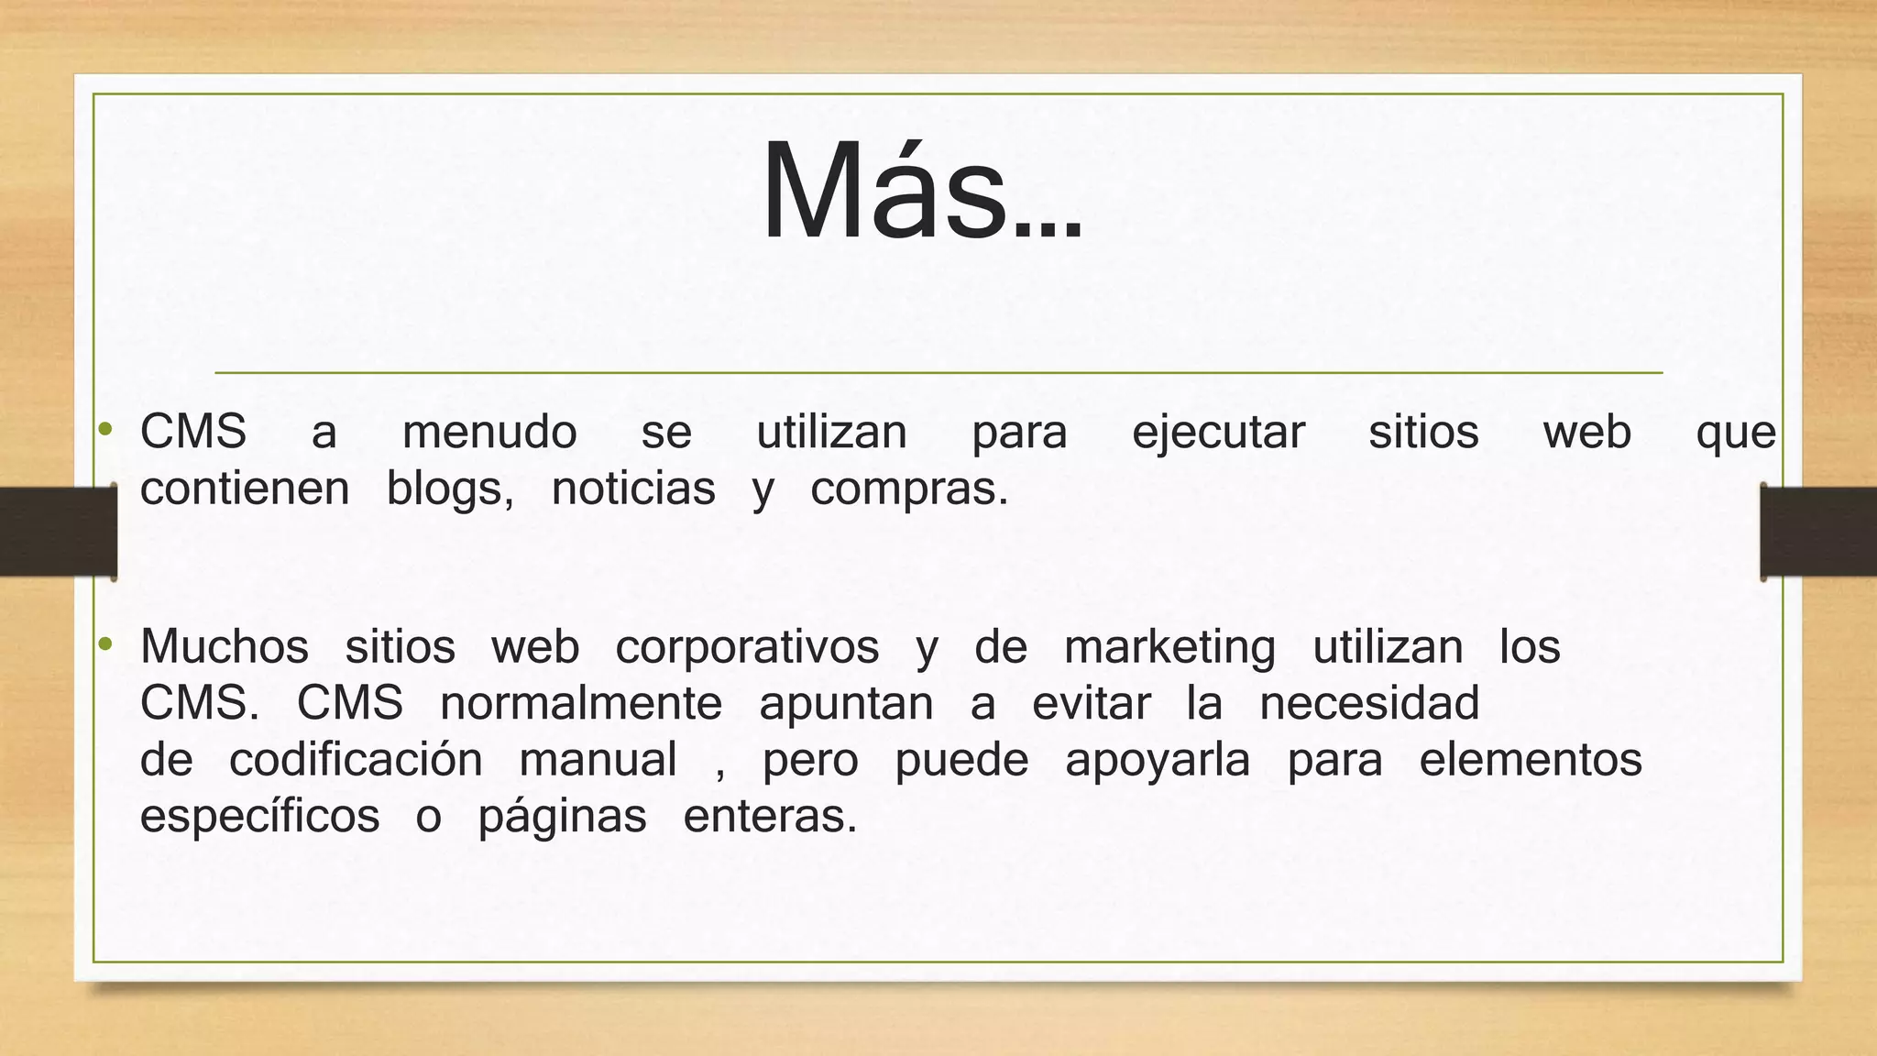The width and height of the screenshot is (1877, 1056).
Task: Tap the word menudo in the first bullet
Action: [x=489, y=433]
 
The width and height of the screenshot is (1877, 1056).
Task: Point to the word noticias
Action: [x=633, y=489]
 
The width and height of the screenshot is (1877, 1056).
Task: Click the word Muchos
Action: [x=225, y=646]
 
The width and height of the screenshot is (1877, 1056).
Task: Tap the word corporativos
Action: [x=747, y=648]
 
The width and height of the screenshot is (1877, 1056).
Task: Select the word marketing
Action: [x=1169, y=648]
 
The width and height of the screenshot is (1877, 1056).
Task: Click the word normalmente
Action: [x=581, y=704]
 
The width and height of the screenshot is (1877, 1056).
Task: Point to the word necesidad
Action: [x=1369, y=704]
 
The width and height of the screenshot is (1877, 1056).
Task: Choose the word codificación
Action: [x=356, y=760]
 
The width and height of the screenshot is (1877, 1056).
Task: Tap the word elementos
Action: [x=1531, y=760]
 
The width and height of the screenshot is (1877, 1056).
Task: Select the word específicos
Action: [x=259, y=817]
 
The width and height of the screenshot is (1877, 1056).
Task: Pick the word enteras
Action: [x=769, y=817]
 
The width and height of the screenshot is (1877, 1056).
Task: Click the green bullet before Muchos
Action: [x=106, y=644]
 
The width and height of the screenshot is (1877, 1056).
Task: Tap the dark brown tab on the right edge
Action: [x=1818, y=532]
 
